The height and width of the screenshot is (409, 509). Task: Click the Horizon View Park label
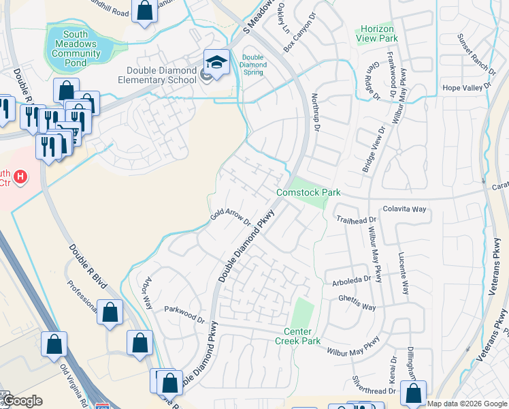click(x=375, y=34)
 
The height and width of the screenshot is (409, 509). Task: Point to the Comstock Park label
click(x=308, y=193)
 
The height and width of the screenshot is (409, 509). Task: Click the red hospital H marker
click(x=21, y=178)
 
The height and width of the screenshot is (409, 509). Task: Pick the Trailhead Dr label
click(x=357, y=219)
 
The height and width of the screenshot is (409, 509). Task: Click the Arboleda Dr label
click(x=352, y=278)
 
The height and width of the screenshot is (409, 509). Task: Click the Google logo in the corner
click(x=24, y=402)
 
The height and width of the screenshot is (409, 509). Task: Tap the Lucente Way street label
click(x=404, y=273)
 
